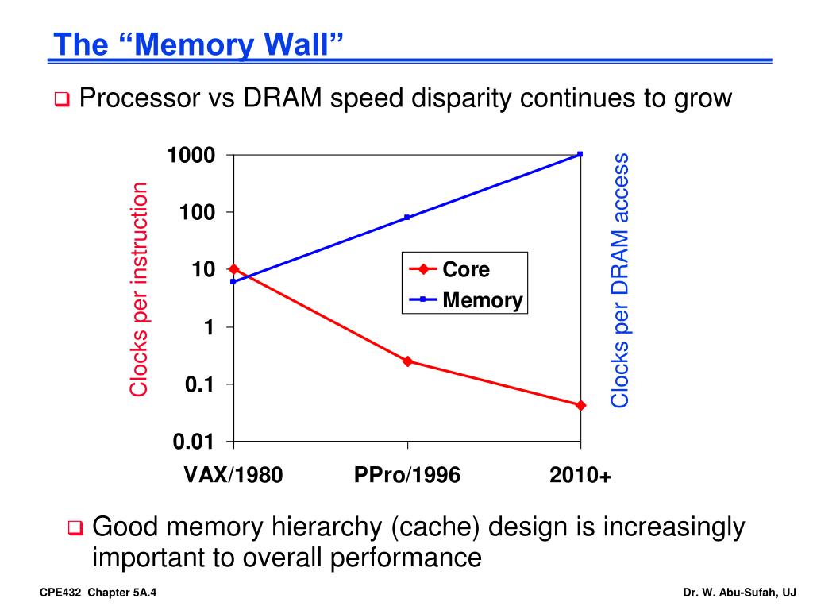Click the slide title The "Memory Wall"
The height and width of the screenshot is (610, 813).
(198, 44)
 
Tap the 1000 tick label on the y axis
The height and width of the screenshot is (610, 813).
(191, 155)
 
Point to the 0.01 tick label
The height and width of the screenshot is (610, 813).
(194, 442)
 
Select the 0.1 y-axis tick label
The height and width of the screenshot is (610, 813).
(199, 384)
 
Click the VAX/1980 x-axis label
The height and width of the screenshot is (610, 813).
(233, 475)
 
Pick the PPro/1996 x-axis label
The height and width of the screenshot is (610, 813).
(407, 475)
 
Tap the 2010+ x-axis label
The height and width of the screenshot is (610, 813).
(580, 475)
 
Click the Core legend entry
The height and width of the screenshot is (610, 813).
(466, 269)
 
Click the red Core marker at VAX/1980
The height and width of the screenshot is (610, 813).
(233, 269)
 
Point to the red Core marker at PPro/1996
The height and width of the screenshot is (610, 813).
(407, 361)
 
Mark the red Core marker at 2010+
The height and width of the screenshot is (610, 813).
(580, 405)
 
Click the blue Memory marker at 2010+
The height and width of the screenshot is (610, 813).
(580, 154)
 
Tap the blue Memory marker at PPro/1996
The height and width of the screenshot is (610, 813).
(407, 217)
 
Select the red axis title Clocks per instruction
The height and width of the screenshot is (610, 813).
(140, 289)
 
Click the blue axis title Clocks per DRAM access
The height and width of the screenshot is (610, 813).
(620, 280)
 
